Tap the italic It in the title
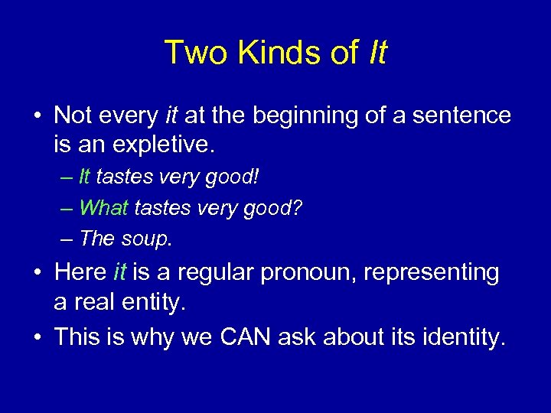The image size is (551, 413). (377, 53)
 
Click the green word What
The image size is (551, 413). (105, 207)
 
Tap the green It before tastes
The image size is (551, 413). (84, 177)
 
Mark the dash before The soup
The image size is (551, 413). (67, 239)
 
